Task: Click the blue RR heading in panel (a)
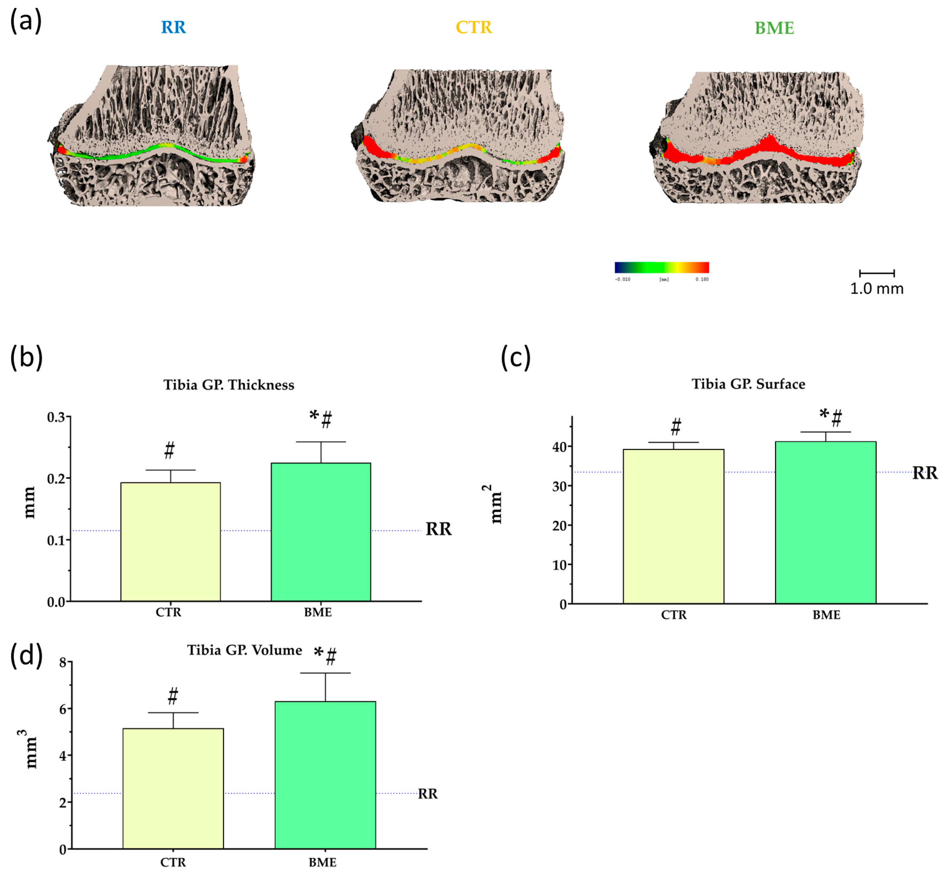(173, 27)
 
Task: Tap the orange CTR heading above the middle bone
(473, 27)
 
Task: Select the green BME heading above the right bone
(774, 28)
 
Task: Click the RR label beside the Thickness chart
(438, 529)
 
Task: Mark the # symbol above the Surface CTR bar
(675, 427)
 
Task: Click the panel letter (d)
(26, 656)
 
